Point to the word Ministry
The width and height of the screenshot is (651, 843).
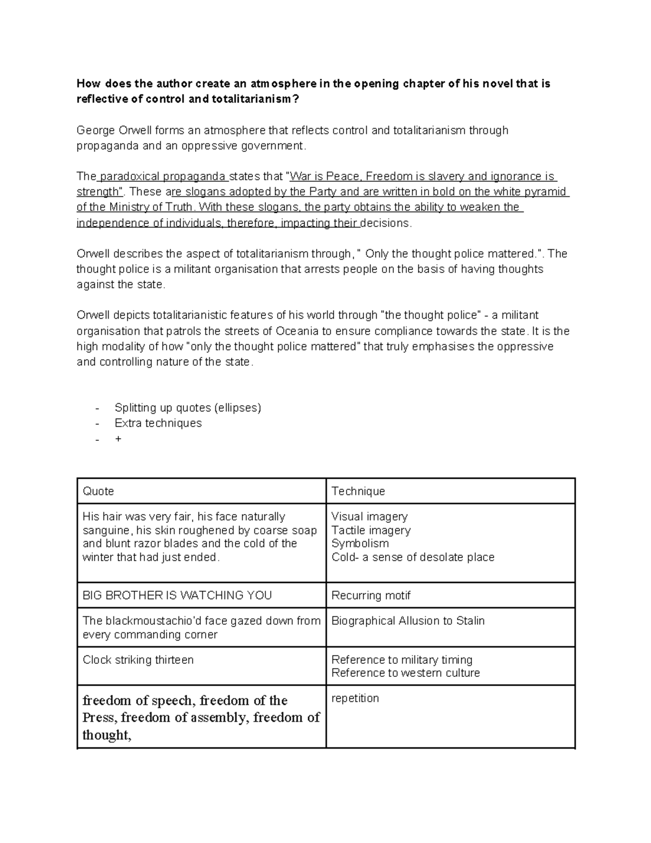pyautogui.click(x=130, y=207)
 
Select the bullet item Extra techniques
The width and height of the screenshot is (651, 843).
pyautogui.click(x=158, y=423)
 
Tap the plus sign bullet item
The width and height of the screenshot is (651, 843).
pyautogui.click(x=118, y=439)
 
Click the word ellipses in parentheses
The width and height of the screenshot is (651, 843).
pyautogui.click(x=238, y=408)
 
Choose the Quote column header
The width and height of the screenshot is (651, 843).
pyautogui.click(x=98, y=491)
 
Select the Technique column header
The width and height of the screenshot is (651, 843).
pyautogui.click(x=358, y=491)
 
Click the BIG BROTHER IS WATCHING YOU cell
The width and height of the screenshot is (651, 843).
pyautogui.click(x=177, y=595)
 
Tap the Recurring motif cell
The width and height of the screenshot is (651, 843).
pyautogui.click(x=371, y=595)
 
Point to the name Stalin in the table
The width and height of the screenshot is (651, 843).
pyautogui.click(x=470, y=621)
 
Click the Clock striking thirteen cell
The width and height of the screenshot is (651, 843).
pyautogui.click(x=138, y=660)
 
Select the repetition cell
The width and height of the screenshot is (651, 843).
pyautogui.click(x=355, y=699)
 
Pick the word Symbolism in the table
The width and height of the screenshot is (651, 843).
pyautogui.click(x=360, y=543)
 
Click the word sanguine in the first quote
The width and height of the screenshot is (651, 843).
pyautogui.click(x=106, y=530)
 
